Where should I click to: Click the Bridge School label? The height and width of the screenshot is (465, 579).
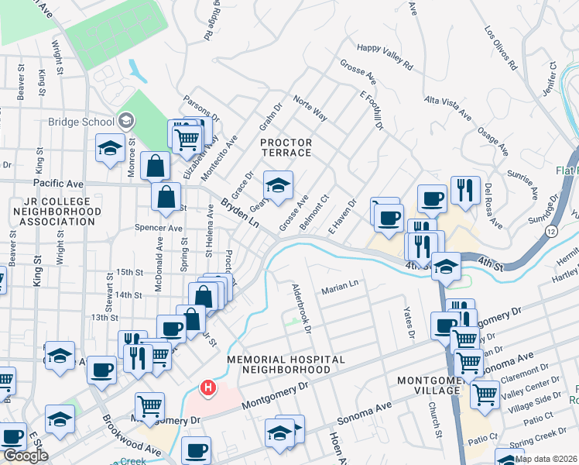click(81, 121)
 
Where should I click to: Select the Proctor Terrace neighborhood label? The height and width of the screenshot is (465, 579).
click(286, 147)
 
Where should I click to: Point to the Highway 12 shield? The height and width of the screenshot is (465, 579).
click(529, 232)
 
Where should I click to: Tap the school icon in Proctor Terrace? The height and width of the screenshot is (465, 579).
click(279, 185)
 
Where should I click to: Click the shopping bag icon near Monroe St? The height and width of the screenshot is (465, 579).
click(156, 166)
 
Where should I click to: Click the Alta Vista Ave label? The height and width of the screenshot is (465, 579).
click(448, 108)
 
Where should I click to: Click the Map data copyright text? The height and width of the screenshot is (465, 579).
click(546, 458)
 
